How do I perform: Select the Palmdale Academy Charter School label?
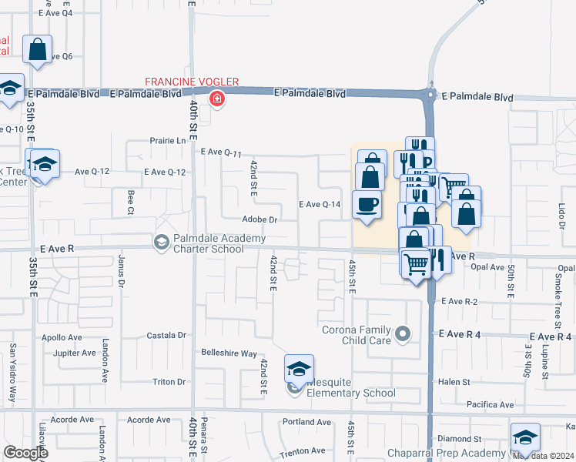click(x=208, y=244)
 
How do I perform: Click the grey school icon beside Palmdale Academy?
click(x=162, y=243)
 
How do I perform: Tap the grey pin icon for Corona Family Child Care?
click(x=403, y=334)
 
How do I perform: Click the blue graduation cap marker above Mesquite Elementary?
click(x=298, y=368)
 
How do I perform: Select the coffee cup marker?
click(x=366, y=205)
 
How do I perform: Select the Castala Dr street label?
click(x=166, y=336)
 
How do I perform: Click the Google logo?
click(x=25, y=453)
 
